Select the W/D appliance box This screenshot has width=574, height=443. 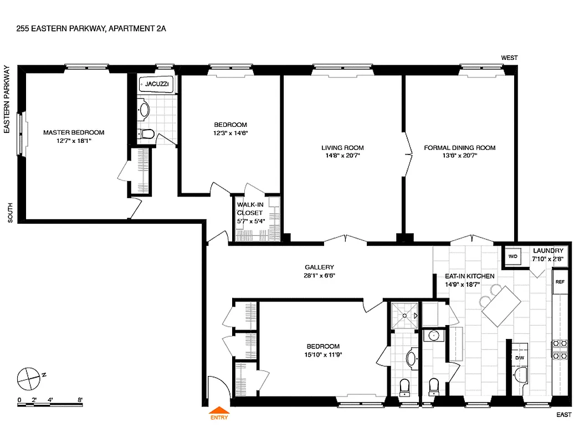512,256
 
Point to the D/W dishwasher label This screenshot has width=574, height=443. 520,358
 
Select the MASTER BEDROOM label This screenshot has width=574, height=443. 74,132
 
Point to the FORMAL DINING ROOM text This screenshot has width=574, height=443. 459,148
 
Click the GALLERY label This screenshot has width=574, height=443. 319,267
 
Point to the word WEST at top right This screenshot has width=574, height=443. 509,58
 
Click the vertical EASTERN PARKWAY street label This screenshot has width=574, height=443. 7,100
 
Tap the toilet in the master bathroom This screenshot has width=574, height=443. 146,134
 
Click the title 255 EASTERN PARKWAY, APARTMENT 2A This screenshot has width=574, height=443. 91,27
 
